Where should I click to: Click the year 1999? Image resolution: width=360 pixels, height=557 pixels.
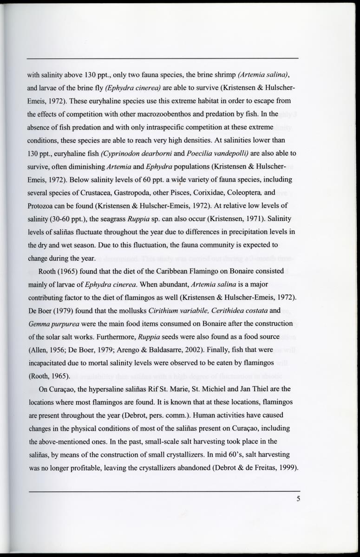pos(285,466)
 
